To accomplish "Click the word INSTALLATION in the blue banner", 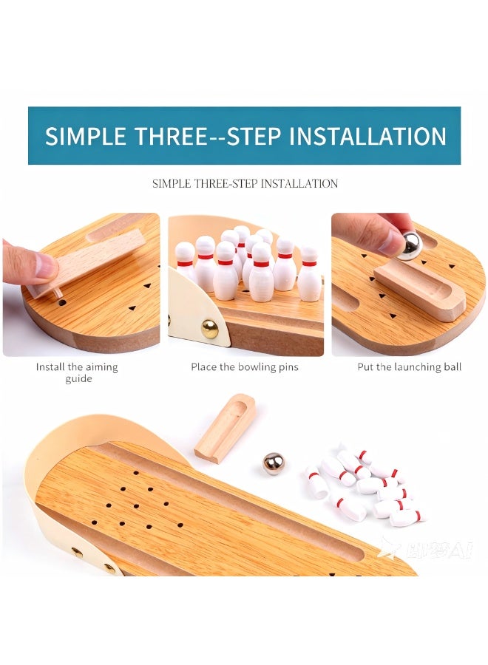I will [367, 136].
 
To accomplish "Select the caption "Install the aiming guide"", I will [77, 372].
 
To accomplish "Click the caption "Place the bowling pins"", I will [245, 367].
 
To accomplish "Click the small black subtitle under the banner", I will [245, 183].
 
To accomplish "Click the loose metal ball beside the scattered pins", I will [274, 463].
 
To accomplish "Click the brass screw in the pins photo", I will [210, 329].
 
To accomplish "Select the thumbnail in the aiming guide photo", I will [44, 265].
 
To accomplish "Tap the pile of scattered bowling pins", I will [363, 484].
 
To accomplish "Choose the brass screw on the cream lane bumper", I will [78, 552].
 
